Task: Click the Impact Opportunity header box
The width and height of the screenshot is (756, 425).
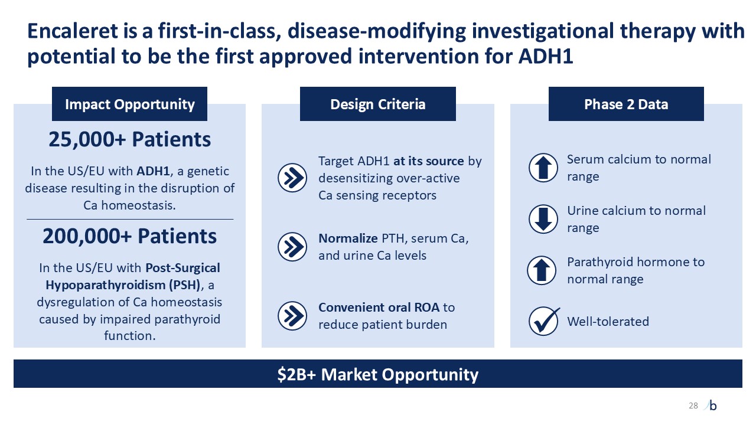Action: coord(129,104)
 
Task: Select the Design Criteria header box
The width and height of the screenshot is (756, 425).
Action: coord(377,104)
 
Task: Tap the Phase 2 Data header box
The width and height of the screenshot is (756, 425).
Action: coord(626,104)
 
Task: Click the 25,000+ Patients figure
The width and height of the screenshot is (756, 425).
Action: coord(129,139)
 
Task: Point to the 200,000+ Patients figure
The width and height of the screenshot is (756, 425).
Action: coord(129,236)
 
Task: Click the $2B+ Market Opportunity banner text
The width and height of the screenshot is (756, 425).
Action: coord(378,374)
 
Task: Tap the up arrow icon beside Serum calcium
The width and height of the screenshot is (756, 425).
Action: coord(542,168)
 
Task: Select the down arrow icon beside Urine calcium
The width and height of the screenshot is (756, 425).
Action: coord(542,219)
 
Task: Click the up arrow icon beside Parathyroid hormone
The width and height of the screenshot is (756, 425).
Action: coord(542,270)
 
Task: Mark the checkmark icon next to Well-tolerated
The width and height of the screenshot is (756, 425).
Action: coord(543,321)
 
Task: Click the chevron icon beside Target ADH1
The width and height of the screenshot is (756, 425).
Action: coord(292,177)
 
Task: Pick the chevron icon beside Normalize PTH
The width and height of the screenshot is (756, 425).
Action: coord(292,247)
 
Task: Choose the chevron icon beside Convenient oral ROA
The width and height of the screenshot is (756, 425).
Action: coord(292,316)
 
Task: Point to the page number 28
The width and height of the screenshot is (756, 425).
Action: coord(693,406)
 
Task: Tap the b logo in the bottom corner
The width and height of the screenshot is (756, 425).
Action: coord(712,406)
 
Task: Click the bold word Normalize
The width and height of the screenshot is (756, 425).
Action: coord(348,238)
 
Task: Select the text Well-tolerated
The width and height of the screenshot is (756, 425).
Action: coord(608,322)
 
